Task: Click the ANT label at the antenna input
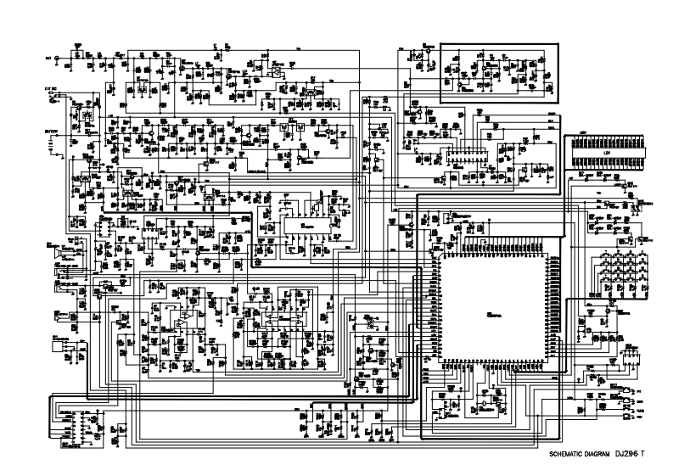pyautogui.click(x=48, y=58)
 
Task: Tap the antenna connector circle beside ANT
pyautogui.click(x=58, y=58)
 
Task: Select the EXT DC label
pyautogui.click(x=50, y=87)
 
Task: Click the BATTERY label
pyautogui.click(x=50, y=132)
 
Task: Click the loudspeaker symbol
pyautogui.click(x=56, y=253)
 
